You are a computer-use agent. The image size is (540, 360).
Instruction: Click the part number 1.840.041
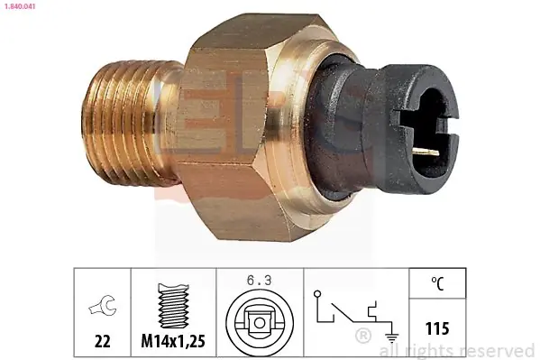(x=19, y=6)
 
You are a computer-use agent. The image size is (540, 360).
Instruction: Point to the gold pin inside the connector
(x=426, y=151)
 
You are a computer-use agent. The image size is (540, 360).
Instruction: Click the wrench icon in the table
(x=103, y=305)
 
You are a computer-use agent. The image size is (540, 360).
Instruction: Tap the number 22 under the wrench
(x=102, y=341)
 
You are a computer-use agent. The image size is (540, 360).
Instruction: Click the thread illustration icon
(x=173, y=306)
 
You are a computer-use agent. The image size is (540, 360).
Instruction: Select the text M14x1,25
(x=173, y=341)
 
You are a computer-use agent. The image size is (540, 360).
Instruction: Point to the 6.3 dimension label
(x=259, y=281)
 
